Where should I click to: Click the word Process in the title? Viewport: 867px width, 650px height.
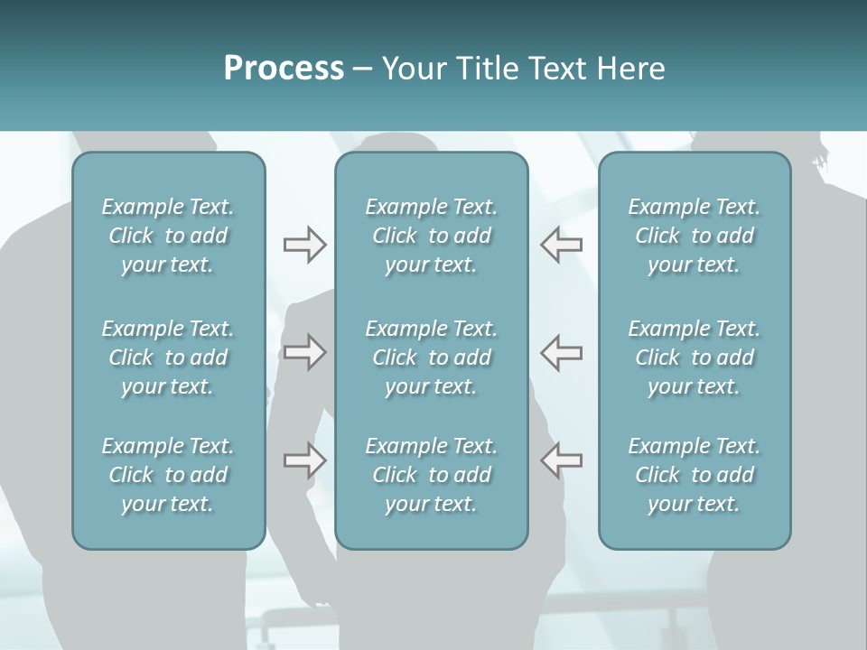284,69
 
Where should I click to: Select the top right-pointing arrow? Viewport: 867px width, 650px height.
304,245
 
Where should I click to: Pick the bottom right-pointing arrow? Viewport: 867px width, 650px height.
304,460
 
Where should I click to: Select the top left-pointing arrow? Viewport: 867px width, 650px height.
562,245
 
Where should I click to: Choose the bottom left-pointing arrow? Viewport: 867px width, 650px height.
562,460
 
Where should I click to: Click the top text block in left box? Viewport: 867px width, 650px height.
168,236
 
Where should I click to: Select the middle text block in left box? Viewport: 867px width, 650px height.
168,357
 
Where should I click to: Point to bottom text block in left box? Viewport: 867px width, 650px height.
168,475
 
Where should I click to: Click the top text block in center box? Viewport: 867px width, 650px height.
431,236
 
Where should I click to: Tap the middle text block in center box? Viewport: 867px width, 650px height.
431,357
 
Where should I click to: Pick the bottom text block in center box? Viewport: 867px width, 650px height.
431,475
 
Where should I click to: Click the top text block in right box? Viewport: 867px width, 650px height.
694,236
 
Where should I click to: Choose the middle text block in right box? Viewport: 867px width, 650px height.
694,357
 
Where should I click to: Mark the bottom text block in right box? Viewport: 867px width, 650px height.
694,475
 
